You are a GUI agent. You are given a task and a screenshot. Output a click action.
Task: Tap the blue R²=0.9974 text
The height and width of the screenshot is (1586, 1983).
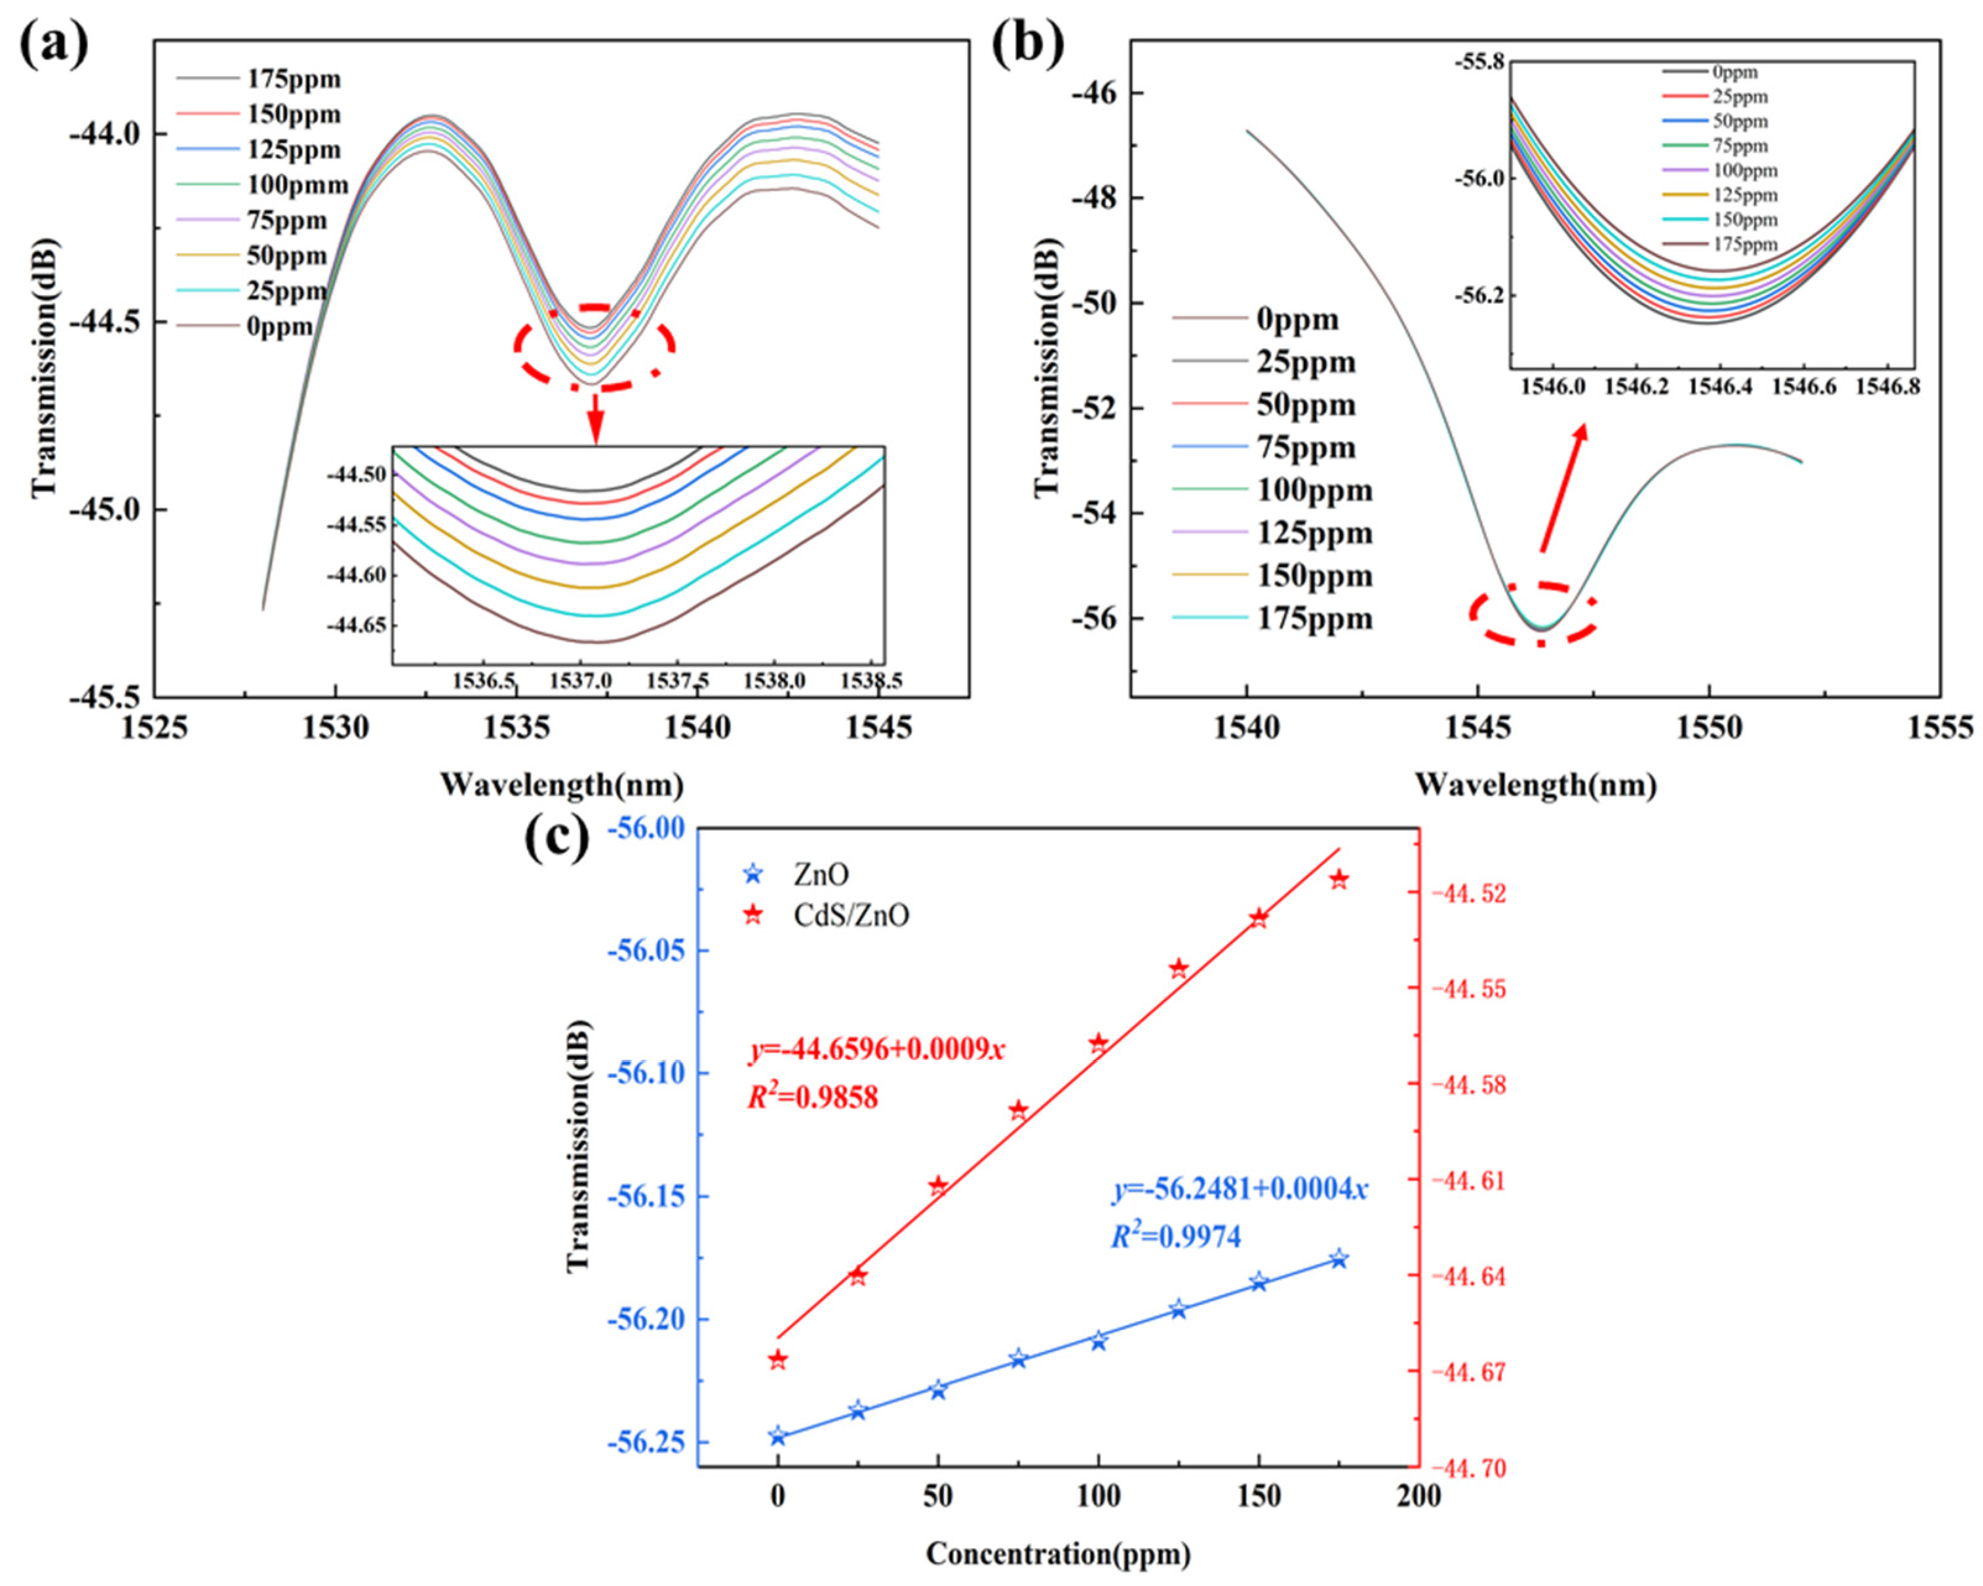click(x=1175, y=1238)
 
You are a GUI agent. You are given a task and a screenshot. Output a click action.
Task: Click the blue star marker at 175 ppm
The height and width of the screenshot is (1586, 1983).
click(x=1339, y=1259)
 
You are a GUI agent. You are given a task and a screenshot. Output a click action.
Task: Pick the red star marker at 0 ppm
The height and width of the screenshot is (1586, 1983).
click(x=778, y=1360)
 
